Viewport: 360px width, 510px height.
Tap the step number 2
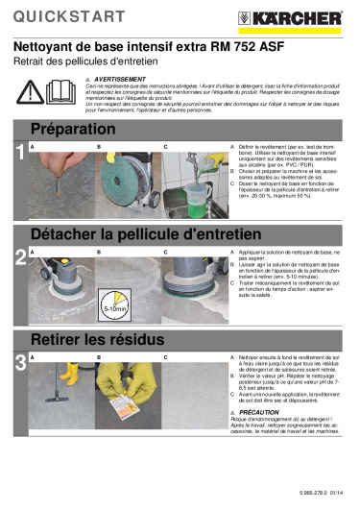click(20, 256)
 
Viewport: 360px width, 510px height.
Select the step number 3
click(20, 361)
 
